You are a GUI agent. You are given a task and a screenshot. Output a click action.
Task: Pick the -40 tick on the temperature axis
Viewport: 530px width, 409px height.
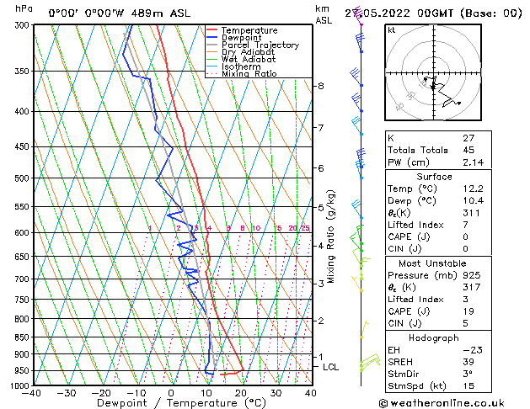pos(32,393)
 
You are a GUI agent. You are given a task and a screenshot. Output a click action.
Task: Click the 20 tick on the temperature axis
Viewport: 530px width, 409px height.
pos(240,393)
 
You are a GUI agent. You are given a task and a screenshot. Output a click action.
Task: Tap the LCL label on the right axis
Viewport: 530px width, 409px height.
pos(331,367)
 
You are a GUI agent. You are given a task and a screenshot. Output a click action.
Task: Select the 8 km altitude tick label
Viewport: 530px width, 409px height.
pos(321,86)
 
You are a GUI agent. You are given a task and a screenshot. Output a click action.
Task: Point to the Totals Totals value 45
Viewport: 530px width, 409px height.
pos(469,150)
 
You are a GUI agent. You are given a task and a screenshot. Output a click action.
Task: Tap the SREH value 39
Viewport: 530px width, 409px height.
pos(469,361)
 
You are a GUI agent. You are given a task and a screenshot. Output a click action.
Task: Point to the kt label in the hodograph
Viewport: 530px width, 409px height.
pos(391,29)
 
